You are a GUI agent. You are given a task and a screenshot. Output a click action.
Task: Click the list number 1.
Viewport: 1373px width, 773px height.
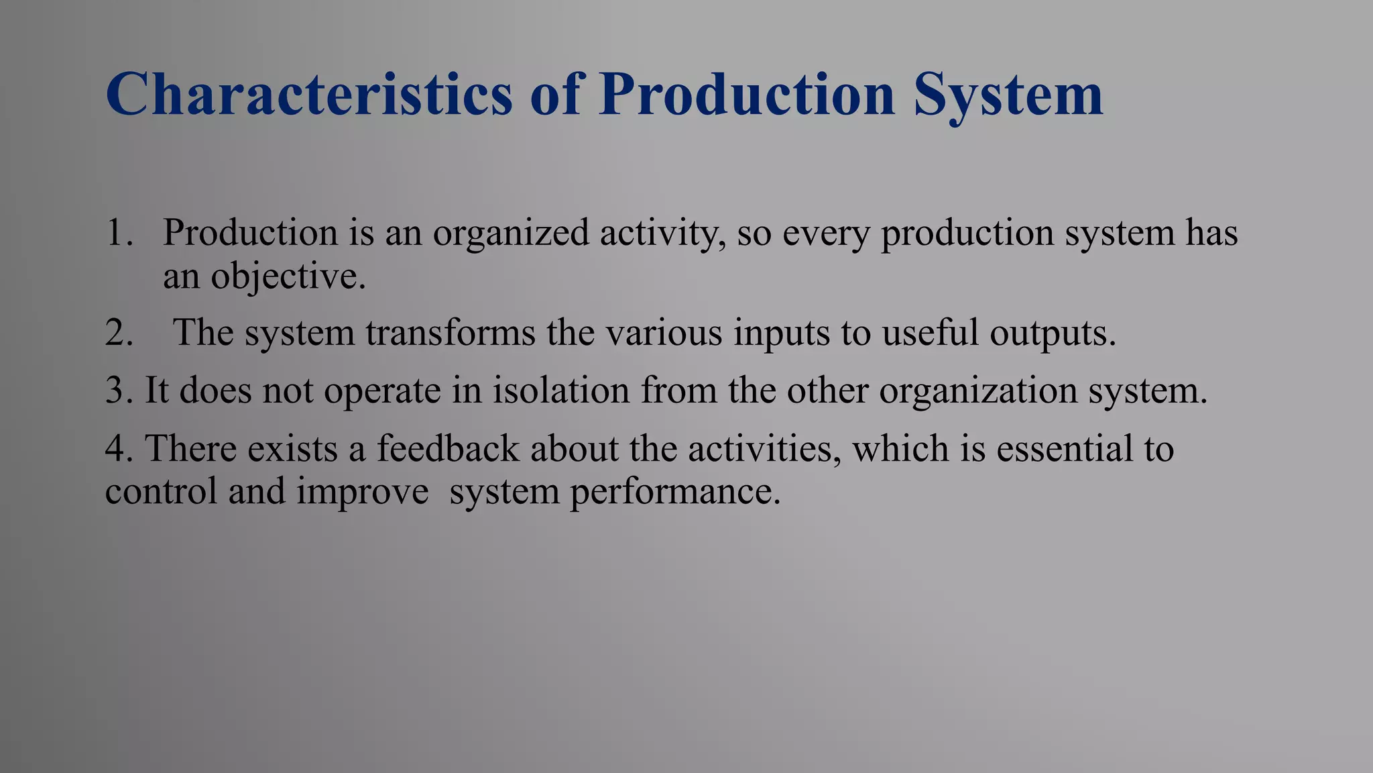[119, 233]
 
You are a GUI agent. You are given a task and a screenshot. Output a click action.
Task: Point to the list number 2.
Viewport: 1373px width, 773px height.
[119, 333]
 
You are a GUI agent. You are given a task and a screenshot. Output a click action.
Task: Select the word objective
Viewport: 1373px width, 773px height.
[288, 276]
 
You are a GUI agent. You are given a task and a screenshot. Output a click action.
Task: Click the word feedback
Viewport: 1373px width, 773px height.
[448, 448]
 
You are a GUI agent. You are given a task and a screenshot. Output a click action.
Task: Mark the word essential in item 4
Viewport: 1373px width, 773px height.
[1060, 448]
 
